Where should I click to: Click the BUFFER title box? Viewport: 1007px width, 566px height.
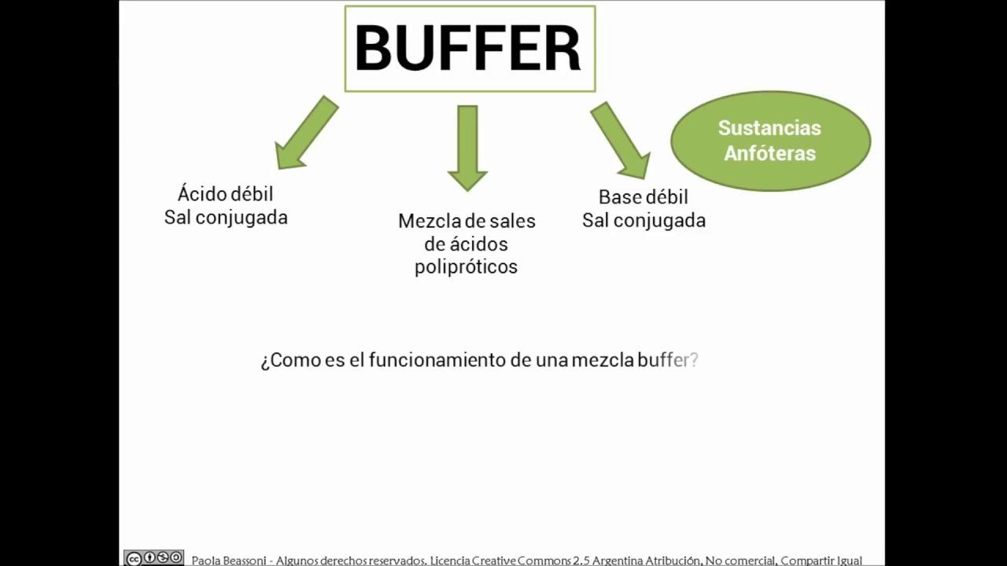click(470, 49)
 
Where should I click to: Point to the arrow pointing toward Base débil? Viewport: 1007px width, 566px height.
click(621, 140)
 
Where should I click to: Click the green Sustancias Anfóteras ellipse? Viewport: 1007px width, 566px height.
click(770, 141)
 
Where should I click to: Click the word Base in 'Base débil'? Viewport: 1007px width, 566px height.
click(620, 197)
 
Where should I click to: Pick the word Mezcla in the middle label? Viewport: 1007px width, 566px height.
click(430, 221)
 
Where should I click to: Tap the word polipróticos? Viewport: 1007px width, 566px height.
click(466, 266)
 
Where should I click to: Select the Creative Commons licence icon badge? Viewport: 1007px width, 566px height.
click(154, 558)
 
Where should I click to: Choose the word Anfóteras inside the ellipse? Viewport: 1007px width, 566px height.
click(769, 153)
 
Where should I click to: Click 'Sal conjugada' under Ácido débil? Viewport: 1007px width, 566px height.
click(226, 217)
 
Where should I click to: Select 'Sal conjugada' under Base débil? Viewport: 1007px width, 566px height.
click(644, 220)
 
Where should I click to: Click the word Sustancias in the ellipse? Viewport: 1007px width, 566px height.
click(769, 127)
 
